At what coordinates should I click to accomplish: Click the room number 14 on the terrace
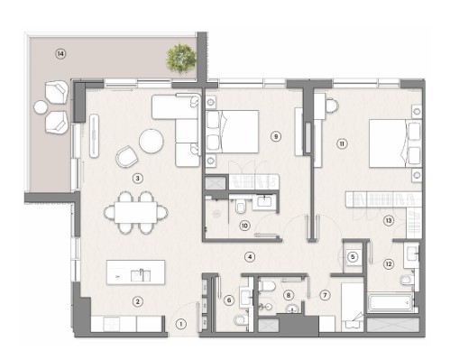click(60, 54)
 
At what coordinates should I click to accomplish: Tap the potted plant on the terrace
click(181, 59)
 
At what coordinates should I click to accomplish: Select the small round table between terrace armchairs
click(41, 107)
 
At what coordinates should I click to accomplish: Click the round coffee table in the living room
click(152, 141)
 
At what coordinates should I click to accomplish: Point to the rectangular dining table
click(135, 212)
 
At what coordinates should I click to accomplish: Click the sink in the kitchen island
click(141, 275)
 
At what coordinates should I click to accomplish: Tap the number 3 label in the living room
click(137, 179)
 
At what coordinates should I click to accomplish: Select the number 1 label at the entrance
click(180, 324)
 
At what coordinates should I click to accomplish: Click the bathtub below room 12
click(390, 302)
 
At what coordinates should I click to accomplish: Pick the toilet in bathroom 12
click(407, 280)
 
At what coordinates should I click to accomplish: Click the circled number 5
click(353, 257)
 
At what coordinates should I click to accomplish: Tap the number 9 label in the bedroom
click(276, 136)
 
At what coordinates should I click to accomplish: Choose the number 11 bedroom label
click(342, 143)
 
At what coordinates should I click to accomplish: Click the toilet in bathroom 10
click(241, 208)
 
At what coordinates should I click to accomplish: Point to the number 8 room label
click(289, 295)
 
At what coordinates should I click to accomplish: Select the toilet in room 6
click(241, 319)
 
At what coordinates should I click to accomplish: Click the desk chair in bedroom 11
click(332, 106)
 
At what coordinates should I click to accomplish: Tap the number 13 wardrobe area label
click(389, 221)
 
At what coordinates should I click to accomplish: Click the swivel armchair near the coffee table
click(127, 156)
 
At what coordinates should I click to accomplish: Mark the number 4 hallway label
click(250, 257)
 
